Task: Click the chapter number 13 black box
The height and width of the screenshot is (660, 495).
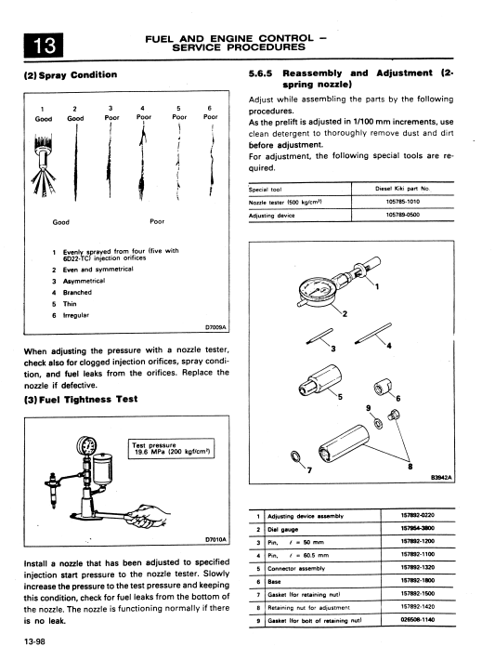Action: click(x=44, y=45)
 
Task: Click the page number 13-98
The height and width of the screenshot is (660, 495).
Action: click(x=34, y=641)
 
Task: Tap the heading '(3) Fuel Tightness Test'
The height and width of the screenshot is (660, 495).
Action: click(x=81, y=399)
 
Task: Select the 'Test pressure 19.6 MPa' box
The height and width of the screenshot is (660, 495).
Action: click(x=171, y=449)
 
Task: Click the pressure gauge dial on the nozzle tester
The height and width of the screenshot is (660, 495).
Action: click(x=86, y=445)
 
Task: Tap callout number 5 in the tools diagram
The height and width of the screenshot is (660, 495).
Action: click(x=340, y=397)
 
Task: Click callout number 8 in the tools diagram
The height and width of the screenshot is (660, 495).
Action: click(x=410, y=466)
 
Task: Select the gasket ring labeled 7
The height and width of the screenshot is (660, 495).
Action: click(x=295, y=455)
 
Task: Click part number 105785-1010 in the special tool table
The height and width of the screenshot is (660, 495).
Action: click(x=402, y=202)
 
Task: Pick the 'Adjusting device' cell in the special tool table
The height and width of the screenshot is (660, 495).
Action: click(x=272, y=216)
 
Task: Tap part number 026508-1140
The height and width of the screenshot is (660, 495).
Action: click(x=418, y=620)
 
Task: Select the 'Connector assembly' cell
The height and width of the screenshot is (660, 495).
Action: click(x=296, y=569)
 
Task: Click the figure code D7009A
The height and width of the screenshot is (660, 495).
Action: click(x=215, y=327)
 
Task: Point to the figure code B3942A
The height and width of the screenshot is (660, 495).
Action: click(x=441, y=477)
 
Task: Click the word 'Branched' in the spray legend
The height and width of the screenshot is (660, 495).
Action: click(x=77, y=292)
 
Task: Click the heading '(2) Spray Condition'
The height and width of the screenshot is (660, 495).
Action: click(x=71, y=75)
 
